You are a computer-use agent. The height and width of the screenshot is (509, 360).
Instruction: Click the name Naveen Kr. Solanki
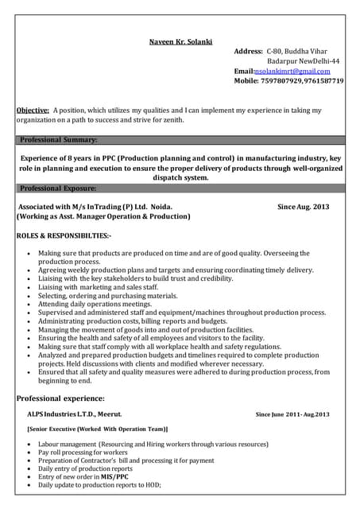(x=181, y=41)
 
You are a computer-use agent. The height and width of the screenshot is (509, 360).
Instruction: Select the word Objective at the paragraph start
(x=33, y=111)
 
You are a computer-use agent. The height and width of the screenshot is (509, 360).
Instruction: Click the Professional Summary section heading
(x=59, y=140)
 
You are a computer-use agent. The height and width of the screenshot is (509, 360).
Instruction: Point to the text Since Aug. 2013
(x=303, y=206)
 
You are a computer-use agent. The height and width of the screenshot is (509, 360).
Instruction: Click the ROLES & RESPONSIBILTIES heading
(x=64, y=236)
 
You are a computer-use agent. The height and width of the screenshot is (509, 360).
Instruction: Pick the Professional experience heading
(x=60, y=398)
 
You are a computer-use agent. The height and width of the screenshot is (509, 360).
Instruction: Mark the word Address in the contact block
(x=248, y=51)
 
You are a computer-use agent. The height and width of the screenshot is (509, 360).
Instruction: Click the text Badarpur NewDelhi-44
(x=304, y=60)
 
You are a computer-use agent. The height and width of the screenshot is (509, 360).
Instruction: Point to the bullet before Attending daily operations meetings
(x=28, y=304)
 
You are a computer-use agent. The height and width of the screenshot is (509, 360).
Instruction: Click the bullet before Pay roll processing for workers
(x=28, y=452)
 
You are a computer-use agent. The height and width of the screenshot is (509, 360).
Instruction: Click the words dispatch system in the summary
(x=180, y=178)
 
